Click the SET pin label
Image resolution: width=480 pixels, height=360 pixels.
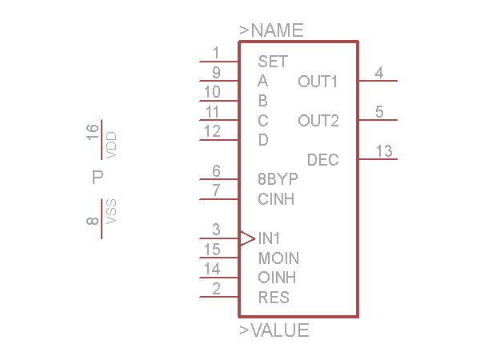pos(273,61)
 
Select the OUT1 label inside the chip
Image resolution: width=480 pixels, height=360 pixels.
pos(318,81)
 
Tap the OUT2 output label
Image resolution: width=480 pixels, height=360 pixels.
pos(318,121)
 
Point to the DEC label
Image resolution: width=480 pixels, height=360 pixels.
pos(323,160)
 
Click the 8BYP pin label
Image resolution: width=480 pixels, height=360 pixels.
pos(278,179)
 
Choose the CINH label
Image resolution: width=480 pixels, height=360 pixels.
pos(276,199)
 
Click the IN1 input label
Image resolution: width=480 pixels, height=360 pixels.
pos(270,238)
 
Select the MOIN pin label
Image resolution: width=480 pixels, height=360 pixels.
pos(278,258)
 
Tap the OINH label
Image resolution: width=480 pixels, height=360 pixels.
pos(277,278)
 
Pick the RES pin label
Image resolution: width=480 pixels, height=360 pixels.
pos(274,298)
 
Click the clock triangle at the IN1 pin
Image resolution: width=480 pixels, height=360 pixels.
pos(247,238)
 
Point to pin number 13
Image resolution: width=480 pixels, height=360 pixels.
pos(384,151)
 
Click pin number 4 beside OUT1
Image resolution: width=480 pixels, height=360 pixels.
pos(379,73)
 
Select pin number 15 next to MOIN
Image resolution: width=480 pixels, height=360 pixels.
pos(212,250)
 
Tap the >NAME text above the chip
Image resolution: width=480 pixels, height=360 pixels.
pos(271,30)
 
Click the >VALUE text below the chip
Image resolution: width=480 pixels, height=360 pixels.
pos(274,330)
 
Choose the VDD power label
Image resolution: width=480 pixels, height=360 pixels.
pos(112,145)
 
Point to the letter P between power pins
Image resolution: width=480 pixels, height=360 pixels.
pos(98,178)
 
